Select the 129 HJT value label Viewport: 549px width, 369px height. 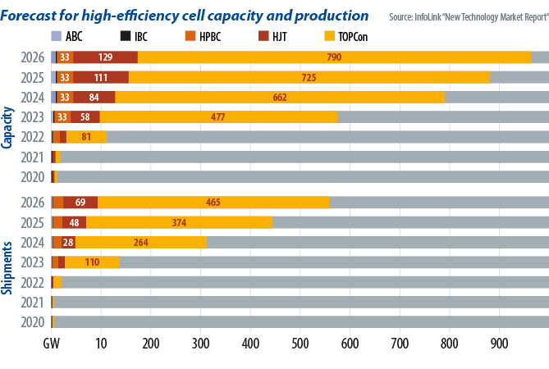click(x=105, y=57)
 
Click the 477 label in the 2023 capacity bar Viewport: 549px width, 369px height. click(x=217, y=116)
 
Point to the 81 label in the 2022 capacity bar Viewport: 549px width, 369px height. click(x=85, y=136)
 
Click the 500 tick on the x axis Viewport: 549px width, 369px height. click(x=300, y=340)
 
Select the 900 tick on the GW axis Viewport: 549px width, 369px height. click(x=498, y=340)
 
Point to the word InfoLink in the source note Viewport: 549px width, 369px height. click(x=432, y=16)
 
